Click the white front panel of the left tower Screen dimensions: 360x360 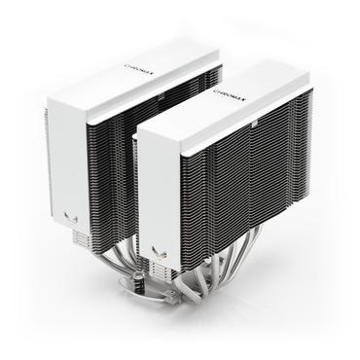(x=68, y=156)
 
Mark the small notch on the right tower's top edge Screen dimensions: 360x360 (x=250, y=125)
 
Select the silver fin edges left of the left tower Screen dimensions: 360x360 (x=46, y=165)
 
